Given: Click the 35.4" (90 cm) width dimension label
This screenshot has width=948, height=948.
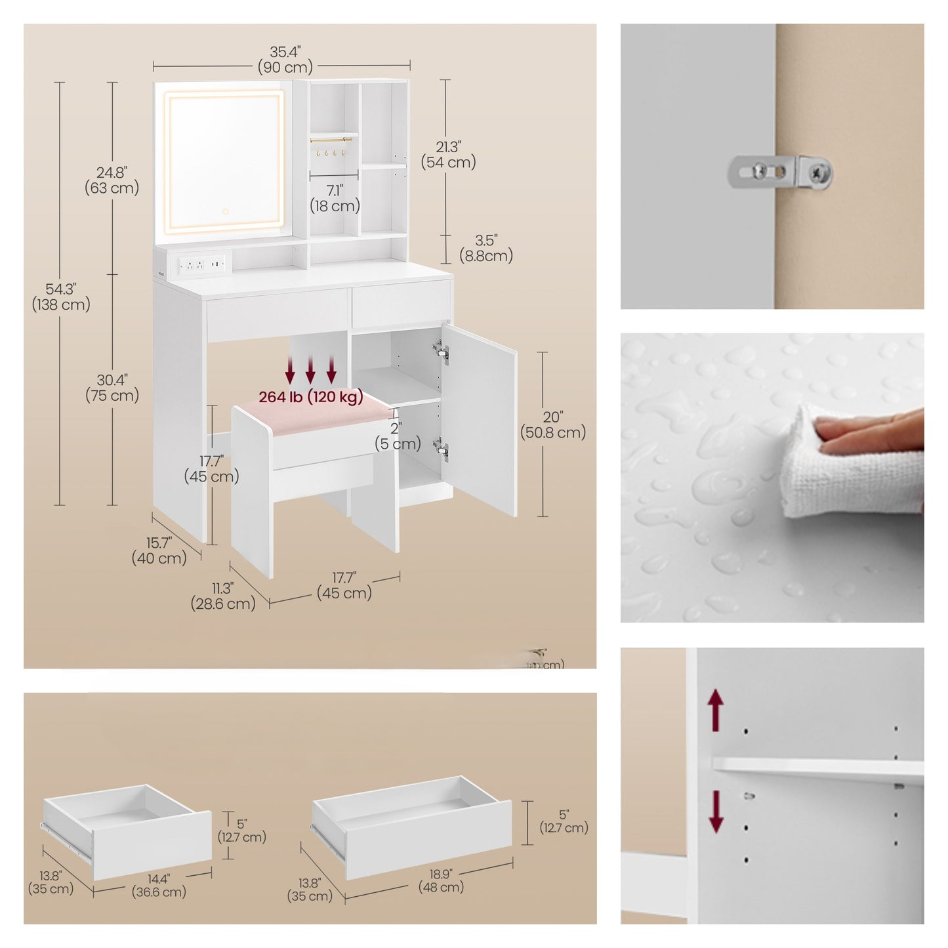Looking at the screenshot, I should (285, 60).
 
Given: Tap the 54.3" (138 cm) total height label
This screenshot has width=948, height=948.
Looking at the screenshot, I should (61, 297).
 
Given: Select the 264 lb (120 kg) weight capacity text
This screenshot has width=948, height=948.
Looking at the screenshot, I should (310, 397).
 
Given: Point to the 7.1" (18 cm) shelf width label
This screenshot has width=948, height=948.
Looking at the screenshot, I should (335, 198).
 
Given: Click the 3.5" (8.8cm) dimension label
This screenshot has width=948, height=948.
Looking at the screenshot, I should (485, 249).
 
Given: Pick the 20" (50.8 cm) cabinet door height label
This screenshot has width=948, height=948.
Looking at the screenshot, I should (552, 425).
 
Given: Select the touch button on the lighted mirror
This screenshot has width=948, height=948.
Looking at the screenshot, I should (225, 212).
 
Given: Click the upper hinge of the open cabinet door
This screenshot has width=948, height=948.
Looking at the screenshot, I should (441, 352).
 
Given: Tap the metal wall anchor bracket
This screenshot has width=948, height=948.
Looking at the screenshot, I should (781, 173).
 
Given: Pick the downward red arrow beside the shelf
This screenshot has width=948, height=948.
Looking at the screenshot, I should (716, 811).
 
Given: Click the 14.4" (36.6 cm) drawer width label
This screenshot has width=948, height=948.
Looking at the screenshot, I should (159, 885).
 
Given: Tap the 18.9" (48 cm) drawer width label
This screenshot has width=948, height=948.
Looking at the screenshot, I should (441, 880).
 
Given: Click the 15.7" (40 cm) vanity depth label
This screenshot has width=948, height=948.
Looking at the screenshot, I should (159, 551).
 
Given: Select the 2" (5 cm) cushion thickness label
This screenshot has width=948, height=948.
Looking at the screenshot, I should (398, 436).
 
